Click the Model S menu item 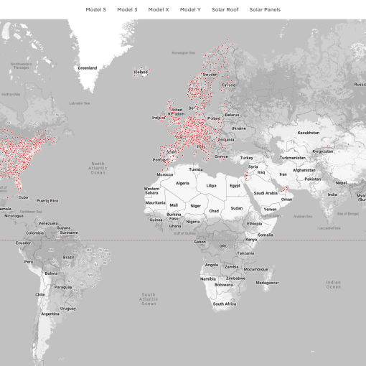[95, 10]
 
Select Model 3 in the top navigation [126, 10]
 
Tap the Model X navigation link [159, 10]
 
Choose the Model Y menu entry [190, 10]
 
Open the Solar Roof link [225, 10]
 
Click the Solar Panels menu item [265, 10]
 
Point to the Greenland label [87, 68]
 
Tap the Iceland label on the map [141, 72]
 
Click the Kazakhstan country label [309, 133]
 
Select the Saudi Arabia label [266, 192]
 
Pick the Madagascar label [267, 282]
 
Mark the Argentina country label [50, 314]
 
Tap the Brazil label [69, 256]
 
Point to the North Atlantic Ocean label [98, 168]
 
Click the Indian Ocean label [333, 284]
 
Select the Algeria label [183, 183]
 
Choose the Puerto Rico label [47, 200]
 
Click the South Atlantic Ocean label [149, 299]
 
